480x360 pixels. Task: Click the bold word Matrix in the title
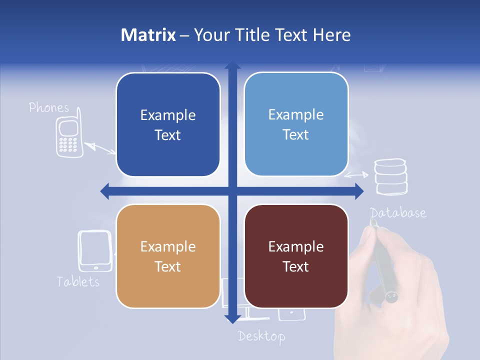tap(148, 35)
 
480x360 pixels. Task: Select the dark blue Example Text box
tap(168, 124)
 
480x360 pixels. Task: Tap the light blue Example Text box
tap(296, 124)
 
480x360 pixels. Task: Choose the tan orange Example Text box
tap(168, 256)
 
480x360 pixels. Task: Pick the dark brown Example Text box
tap(296, 256)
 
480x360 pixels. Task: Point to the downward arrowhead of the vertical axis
tap(232, 319)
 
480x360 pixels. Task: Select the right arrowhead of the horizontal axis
tap(359, 190)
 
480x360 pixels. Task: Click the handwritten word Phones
tap(49, 107)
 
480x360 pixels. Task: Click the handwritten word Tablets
tap(78, 281)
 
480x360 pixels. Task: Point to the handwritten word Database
tap(398, 213)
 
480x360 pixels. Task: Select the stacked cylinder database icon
tap(391, 176)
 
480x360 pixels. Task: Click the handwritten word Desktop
tap(261, 336)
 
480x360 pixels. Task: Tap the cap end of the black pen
tap(391, 297)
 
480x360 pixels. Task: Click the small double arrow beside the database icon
tap(356, 175)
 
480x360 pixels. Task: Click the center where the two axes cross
tap(232, 190)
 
